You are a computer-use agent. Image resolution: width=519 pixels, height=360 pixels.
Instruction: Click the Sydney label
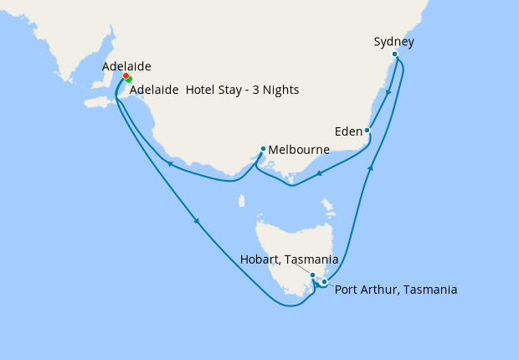[x=393, y=41]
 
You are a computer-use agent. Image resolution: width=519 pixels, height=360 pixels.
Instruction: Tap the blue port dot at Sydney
[x=395, y=54]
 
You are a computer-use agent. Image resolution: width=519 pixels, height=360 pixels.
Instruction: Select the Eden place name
[x=347, y=131]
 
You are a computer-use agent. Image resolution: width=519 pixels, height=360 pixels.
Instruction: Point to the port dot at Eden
[x=367, y=130]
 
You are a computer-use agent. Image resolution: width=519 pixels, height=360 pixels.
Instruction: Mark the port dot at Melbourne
[x=263, y=149]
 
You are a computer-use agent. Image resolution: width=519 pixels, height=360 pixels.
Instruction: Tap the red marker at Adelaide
[x=126, y=76]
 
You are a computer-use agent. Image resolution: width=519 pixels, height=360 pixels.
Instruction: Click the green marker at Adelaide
[x=129, y=80]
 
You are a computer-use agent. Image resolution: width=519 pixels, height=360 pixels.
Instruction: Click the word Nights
[x=280, y=90]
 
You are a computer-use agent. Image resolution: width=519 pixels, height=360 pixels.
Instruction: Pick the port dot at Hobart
[x=312, y=275]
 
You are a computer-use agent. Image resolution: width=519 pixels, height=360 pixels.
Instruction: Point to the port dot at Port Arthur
[x=324, y=282]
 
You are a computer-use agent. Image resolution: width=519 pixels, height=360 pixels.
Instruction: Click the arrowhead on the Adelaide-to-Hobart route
[x=197, y=221]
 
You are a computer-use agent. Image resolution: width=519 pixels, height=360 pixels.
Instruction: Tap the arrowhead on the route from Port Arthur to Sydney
[x=370, y=168]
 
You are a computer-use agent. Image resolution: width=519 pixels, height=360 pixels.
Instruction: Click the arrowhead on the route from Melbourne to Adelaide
[x=170, y=164]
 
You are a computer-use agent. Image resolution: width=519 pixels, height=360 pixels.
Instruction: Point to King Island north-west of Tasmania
[x=241, y=201]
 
